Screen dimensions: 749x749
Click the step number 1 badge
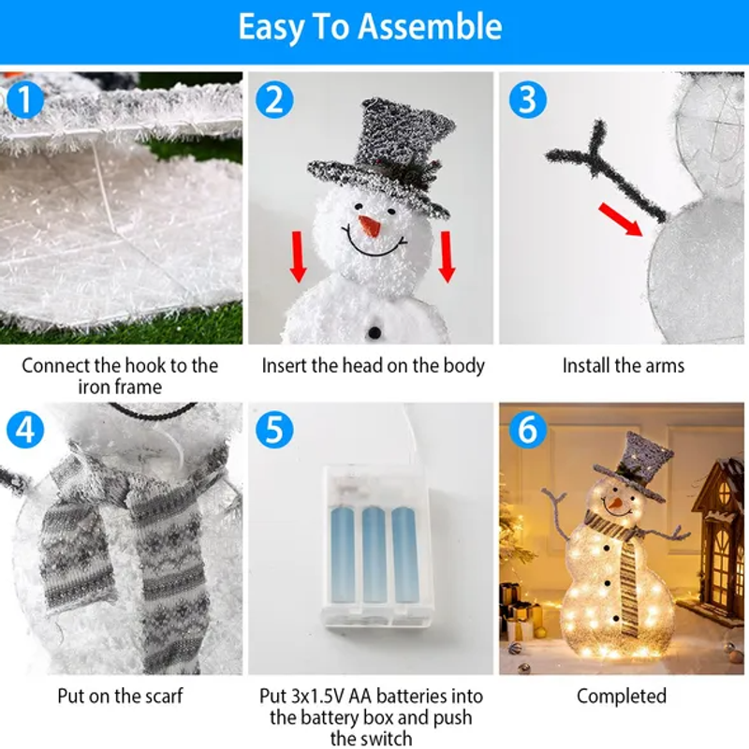(x=25, y=100)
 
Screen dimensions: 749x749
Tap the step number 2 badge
(x=274, y=100)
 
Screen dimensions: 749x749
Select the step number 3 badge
(x=527, y=100)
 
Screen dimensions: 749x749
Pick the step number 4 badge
(x=25, y=430)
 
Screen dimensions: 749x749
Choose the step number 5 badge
(x=274, y=430)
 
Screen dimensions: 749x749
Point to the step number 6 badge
(x=527, y=430)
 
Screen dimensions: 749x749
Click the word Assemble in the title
(x=430, y=27)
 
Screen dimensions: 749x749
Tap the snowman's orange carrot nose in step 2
(x=370, y=226)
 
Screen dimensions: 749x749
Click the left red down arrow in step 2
(x=298, y=257)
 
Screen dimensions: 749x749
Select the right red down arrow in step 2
(x=447, y=257)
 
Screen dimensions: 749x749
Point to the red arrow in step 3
(x=621, y=219)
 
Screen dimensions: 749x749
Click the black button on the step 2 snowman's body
(x=374, y=332)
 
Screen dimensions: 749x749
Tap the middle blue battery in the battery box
(x=374, y=555)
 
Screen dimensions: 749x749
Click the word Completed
(x=622, y=696)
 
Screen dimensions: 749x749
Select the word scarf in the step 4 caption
(x=164, y=696)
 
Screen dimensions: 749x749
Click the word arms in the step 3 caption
(x=665, y=366)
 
